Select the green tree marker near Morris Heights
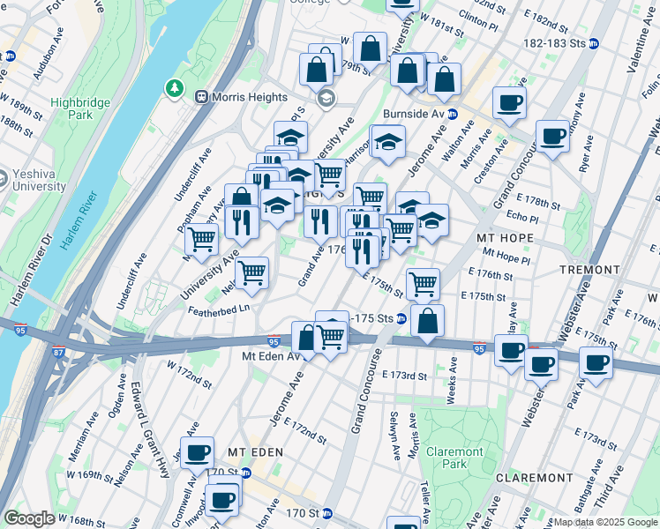pos(174,88)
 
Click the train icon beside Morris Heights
pos(201,97)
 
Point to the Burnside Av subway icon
pos(451,114)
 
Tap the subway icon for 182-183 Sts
pos(594,43)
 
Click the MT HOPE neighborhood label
pos(500,239)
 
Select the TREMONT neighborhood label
pos(589,269)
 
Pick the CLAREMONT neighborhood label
pos(535,477)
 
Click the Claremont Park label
pos(454,458)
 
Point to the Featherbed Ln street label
pos(220,309)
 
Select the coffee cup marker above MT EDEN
pos(198,453)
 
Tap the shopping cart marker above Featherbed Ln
pos(252,273)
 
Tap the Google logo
pos(30,518)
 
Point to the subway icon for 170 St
pos(326,512)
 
